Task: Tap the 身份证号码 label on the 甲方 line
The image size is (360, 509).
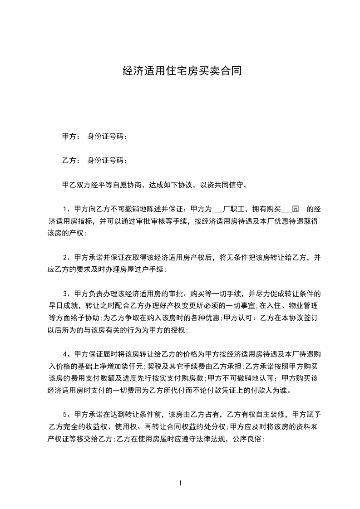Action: pos(106,136)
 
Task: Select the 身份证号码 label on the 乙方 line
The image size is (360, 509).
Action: pos(106,161)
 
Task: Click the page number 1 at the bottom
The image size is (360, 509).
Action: pos(180,484)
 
